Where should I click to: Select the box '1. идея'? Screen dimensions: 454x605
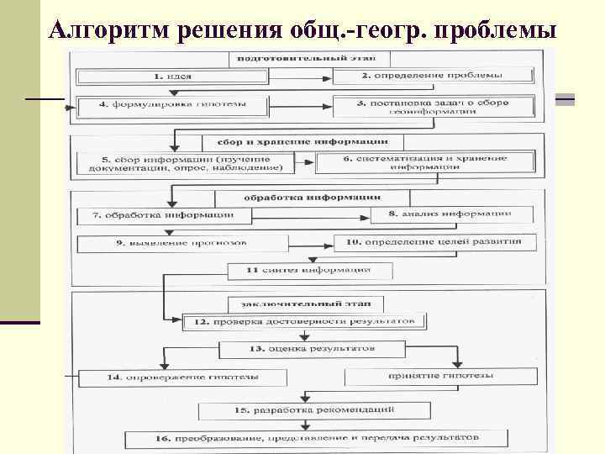tap(171, 76)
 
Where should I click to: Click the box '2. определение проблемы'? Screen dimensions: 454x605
tap(434, 76)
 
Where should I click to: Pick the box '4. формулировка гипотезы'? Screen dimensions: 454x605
tap(171, 107)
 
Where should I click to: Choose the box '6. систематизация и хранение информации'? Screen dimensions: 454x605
tap(424, 163)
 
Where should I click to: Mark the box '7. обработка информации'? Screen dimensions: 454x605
tap(164, 215)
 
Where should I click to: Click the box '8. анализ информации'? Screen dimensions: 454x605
tap(450, 215)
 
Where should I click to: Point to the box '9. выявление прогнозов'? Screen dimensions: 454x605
tap(181, 243)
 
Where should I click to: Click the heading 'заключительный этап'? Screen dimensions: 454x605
tap(306, 302)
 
